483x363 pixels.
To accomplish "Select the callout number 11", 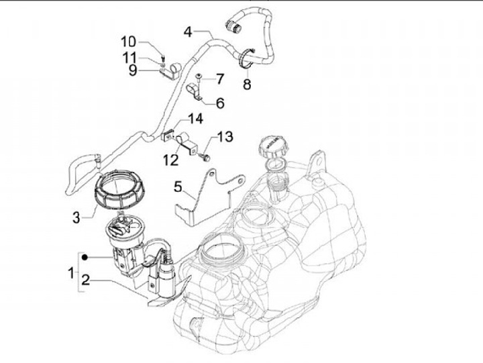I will (x=129, y=56).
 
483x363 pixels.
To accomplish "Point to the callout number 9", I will (x=133, y=69).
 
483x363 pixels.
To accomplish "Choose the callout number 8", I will (x=247, y=85).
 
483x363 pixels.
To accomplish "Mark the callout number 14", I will (x=195, y=119).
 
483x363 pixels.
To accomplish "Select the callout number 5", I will (x=178, y=185).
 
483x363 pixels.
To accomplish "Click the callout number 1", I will (x=71, y=272).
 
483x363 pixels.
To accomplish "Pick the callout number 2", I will (x=86, y=280).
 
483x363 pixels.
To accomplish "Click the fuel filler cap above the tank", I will (x=273, y=144).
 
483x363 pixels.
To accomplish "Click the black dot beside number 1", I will (x=84, y=257).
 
